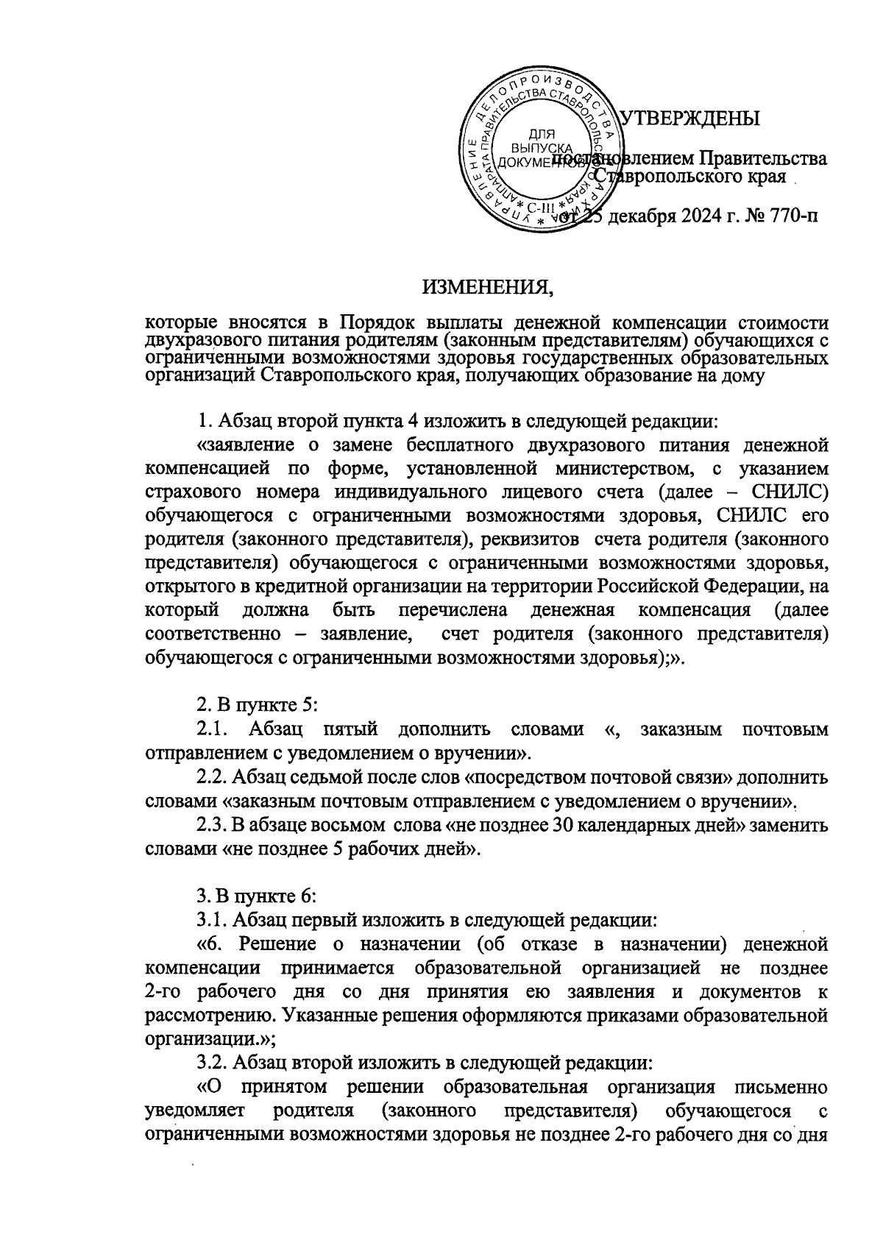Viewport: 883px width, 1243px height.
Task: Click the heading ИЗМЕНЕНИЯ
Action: (x=487, y=286)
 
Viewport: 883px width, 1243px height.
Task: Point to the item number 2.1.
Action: (x=213, y=729)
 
